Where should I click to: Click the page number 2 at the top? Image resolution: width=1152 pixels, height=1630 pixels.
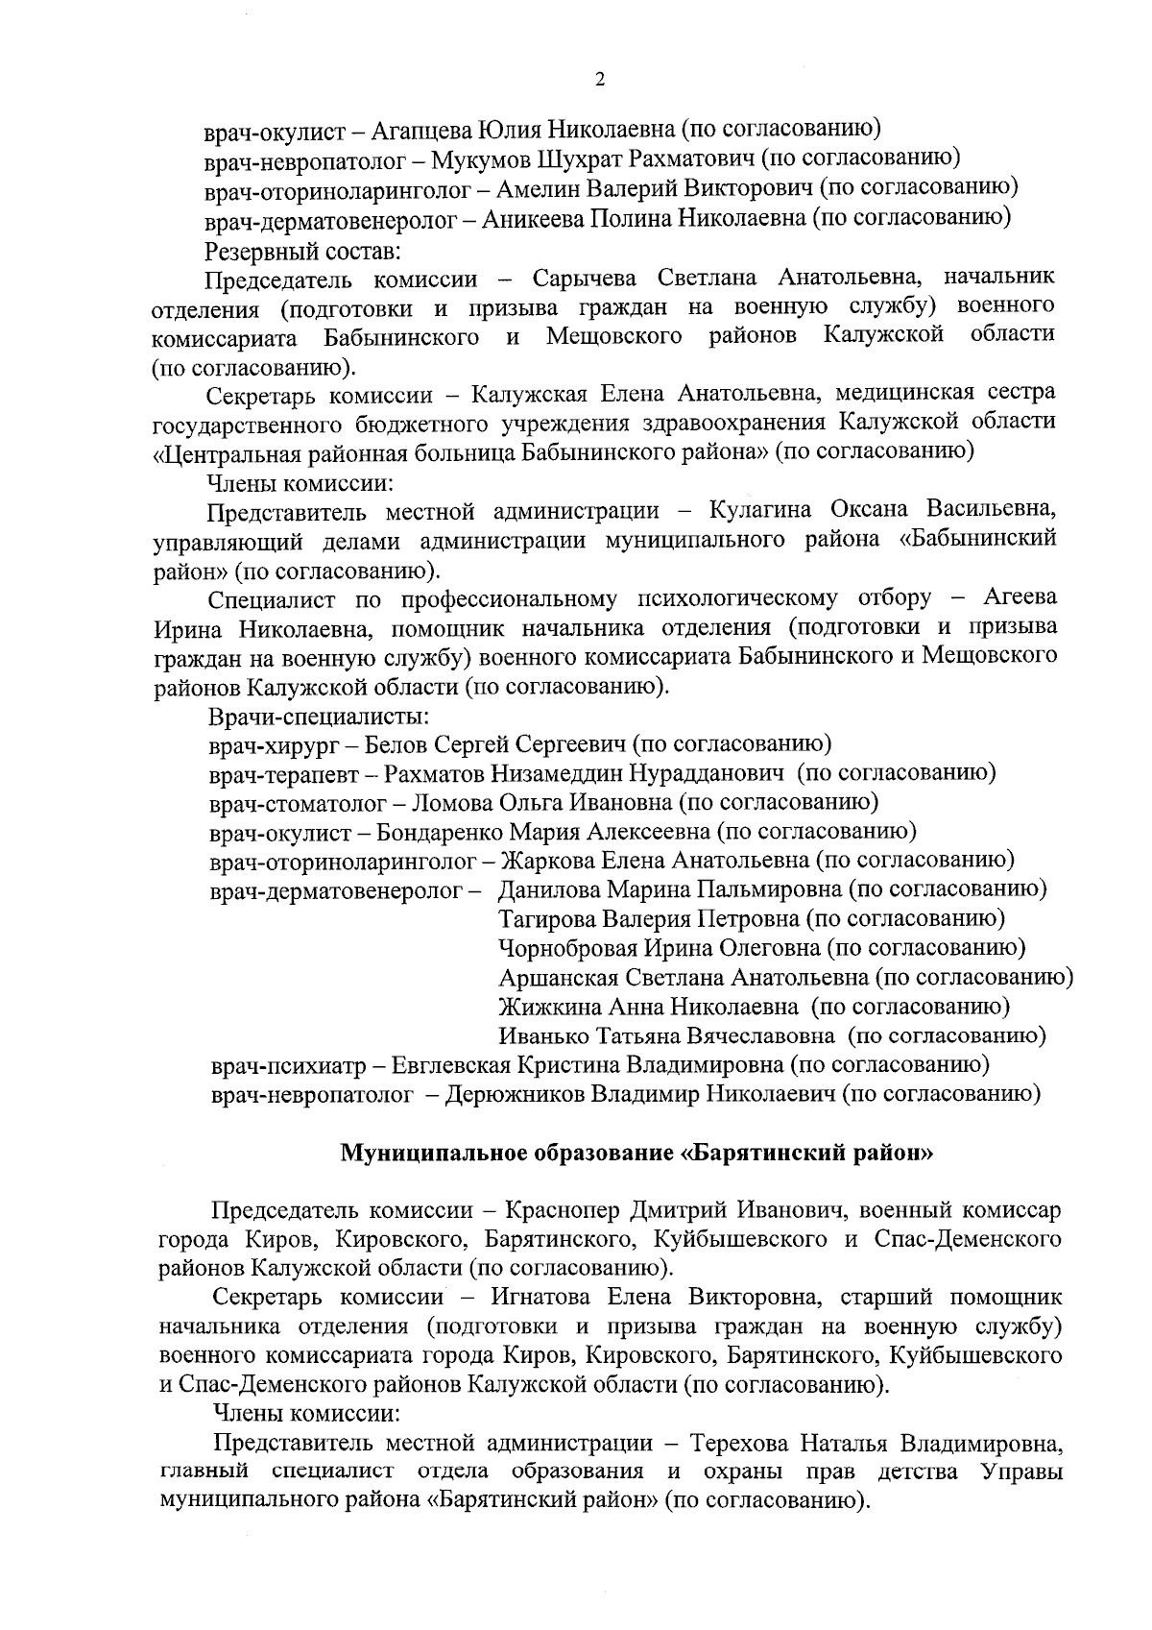[600, 80]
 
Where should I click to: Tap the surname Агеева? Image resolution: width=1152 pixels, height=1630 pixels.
[1020, 597]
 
